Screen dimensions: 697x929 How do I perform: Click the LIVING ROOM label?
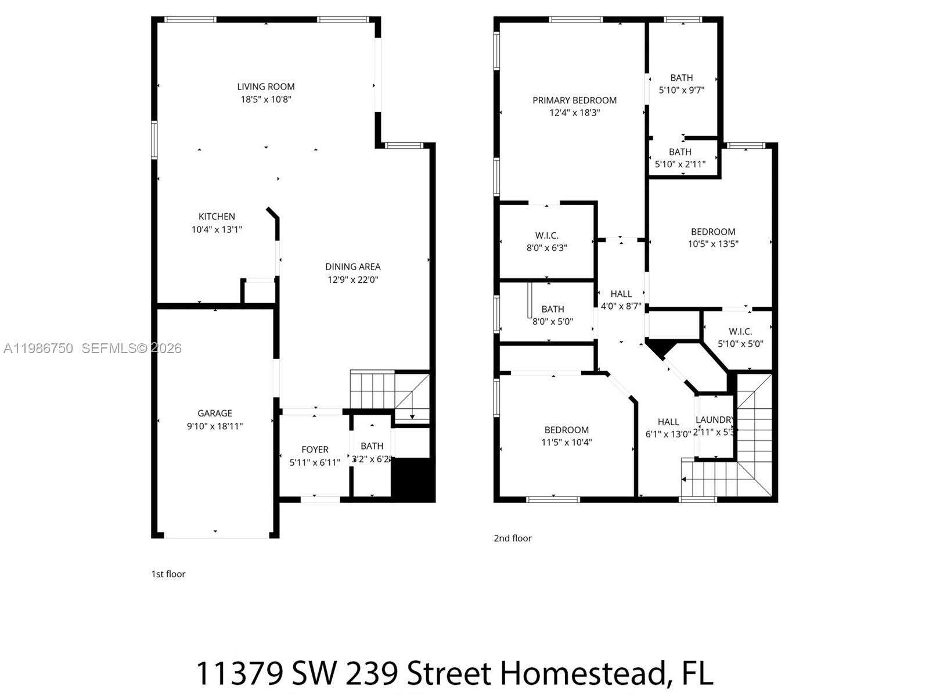[266, 87]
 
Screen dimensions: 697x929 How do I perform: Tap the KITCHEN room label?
[217, 217]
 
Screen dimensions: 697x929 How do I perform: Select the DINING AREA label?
[353, 267]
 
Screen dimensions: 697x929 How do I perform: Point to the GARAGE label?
[215, 413]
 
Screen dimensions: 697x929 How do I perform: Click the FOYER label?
[315, 450]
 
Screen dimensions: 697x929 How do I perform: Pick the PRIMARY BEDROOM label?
[574, 100]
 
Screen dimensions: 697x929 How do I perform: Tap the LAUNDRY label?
[715, 420]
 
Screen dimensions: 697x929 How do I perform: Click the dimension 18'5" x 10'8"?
[266, 99]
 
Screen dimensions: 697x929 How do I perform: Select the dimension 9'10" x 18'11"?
[215, 426]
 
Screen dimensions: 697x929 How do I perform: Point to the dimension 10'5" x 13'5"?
[713, 244]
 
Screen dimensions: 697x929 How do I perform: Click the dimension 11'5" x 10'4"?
[567, 442]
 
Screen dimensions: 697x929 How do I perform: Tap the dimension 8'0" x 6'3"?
[547, 247]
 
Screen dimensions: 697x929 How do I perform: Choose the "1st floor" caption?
[168, 574]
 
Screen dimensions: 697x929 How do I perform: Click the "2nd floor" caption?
[513, 538]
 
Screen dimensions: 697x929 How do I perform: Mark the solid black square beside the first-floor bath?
[413, 479]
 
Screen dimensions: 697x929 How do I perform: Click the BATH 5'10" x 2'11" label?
[680, 158]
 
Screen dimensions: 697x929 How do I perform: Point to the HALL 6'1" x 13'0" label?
[668, 428]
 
